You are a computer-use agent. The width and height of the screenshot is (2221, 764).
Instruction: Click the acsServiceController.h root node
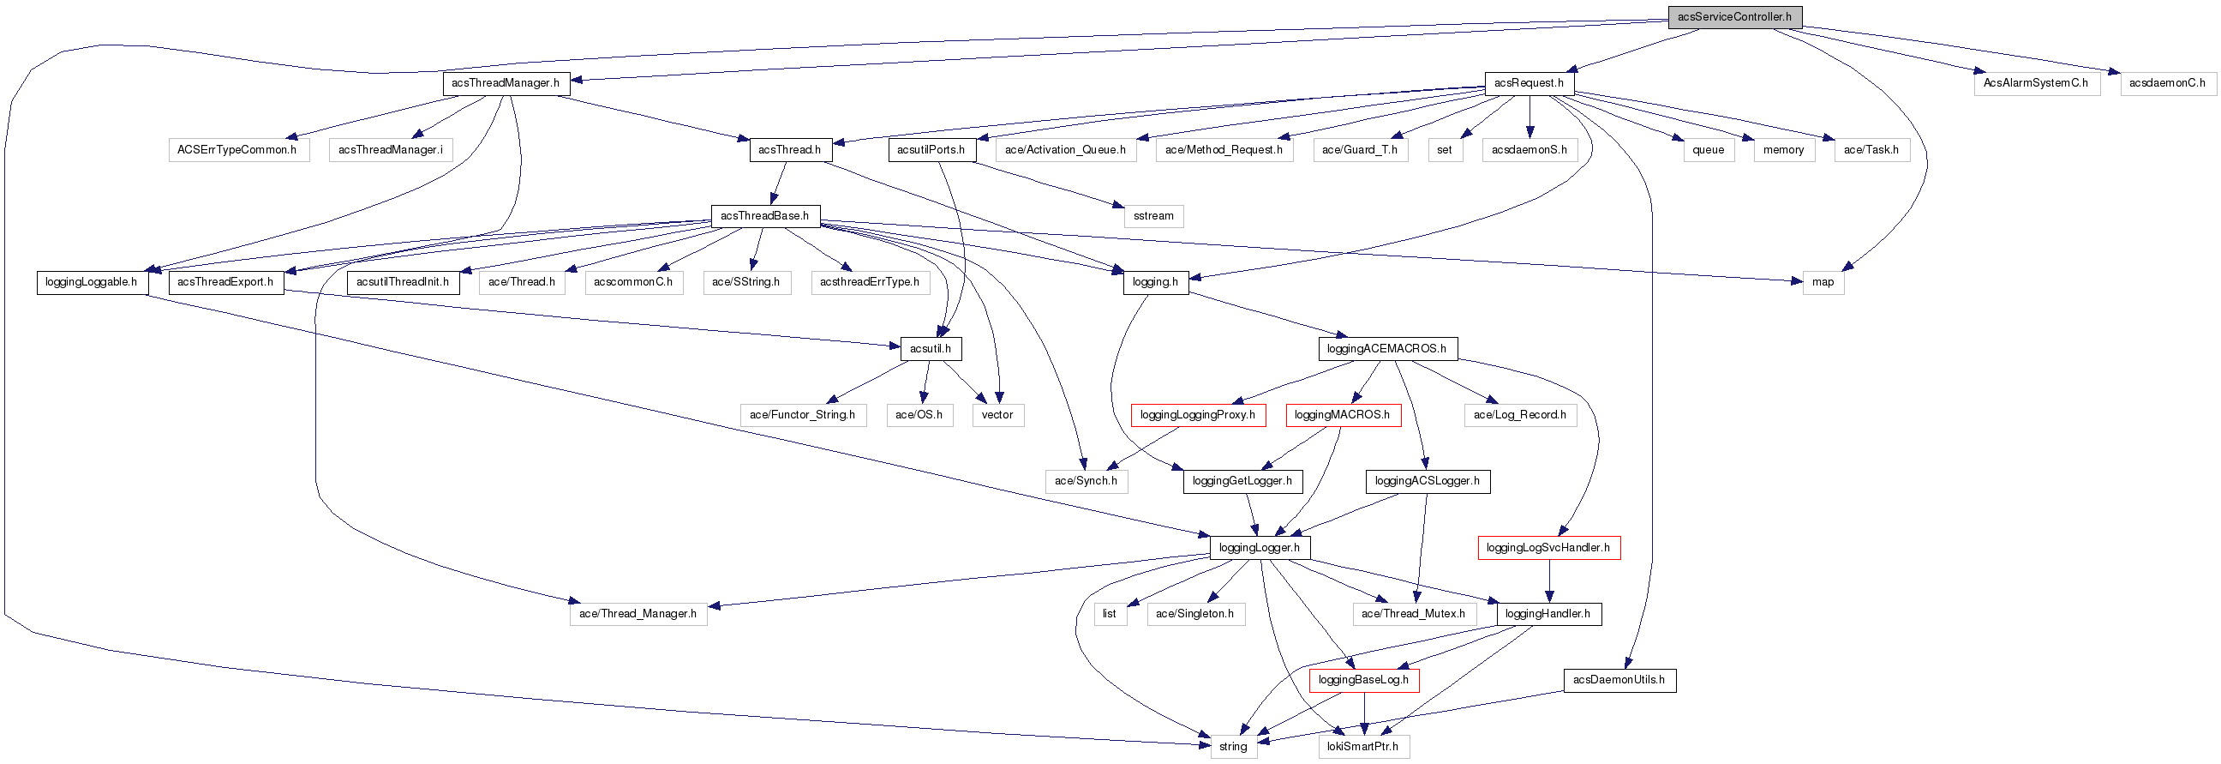click(x=1733, y=17)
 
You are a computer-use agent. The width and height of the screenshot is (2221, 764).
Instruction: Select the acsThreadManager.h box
click(x=506, y=84)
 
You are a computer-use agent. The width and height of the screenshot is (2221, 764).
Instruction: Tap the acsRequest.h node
click(x=1529, y=84)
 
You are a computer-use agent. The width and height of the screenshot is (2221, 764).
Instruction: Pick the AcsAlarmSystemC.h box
click(x=2036, y=84)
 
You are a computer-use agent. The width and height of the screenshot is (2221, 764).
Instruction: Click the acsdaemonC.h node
click(x=2167, y=84)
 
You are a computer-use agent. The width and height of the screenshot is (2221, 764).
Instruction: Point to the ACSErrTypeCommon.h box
click(x=237, y=150)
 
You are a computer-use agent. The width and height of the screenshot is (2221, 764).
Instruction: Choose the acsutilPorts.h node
click(x=931, y=150)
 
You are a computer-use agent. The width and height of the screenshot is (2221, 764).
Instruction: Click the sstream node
click(x=1153, y=216)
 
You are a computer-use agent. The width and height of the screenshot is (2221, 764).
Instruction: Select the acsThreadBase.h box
click(x=765, y=216)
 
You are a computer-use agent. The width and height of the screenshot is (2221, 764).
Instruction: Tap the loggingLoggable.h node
click(x=92, y=283)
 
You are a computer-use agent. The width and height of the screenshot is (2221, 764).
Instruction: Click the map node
click(x=1823, y=283)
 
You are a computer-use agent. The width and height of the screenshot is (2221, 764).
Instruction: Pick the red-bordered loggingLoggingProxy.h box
click(x=1198, y=416)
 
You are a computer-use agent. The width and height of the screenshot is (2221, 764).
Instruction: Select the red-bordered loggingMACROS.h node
click(x=1343, y=416)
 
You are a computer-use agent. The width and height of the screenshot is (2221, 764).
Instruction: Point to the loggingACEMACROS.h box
click(x=1386, y=349)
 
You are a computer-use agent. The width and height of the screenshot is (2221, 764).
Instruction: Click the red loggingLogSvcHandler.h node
click(x=1548, y=549)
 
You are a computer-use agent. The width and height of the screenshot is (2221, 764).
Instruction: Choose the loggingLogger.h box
click(x=1260, y=549)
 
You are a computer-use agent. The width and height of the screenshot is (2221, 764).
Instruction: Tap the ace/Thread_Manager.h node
click(x=638, y=615)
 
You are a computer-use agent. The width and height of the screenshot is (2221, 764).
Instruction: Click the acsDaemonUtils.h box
click(x=1619, y=680)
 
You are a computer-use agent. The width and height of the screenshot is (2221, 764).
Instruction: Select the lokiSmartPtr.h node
click(x=1363, y=747)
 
